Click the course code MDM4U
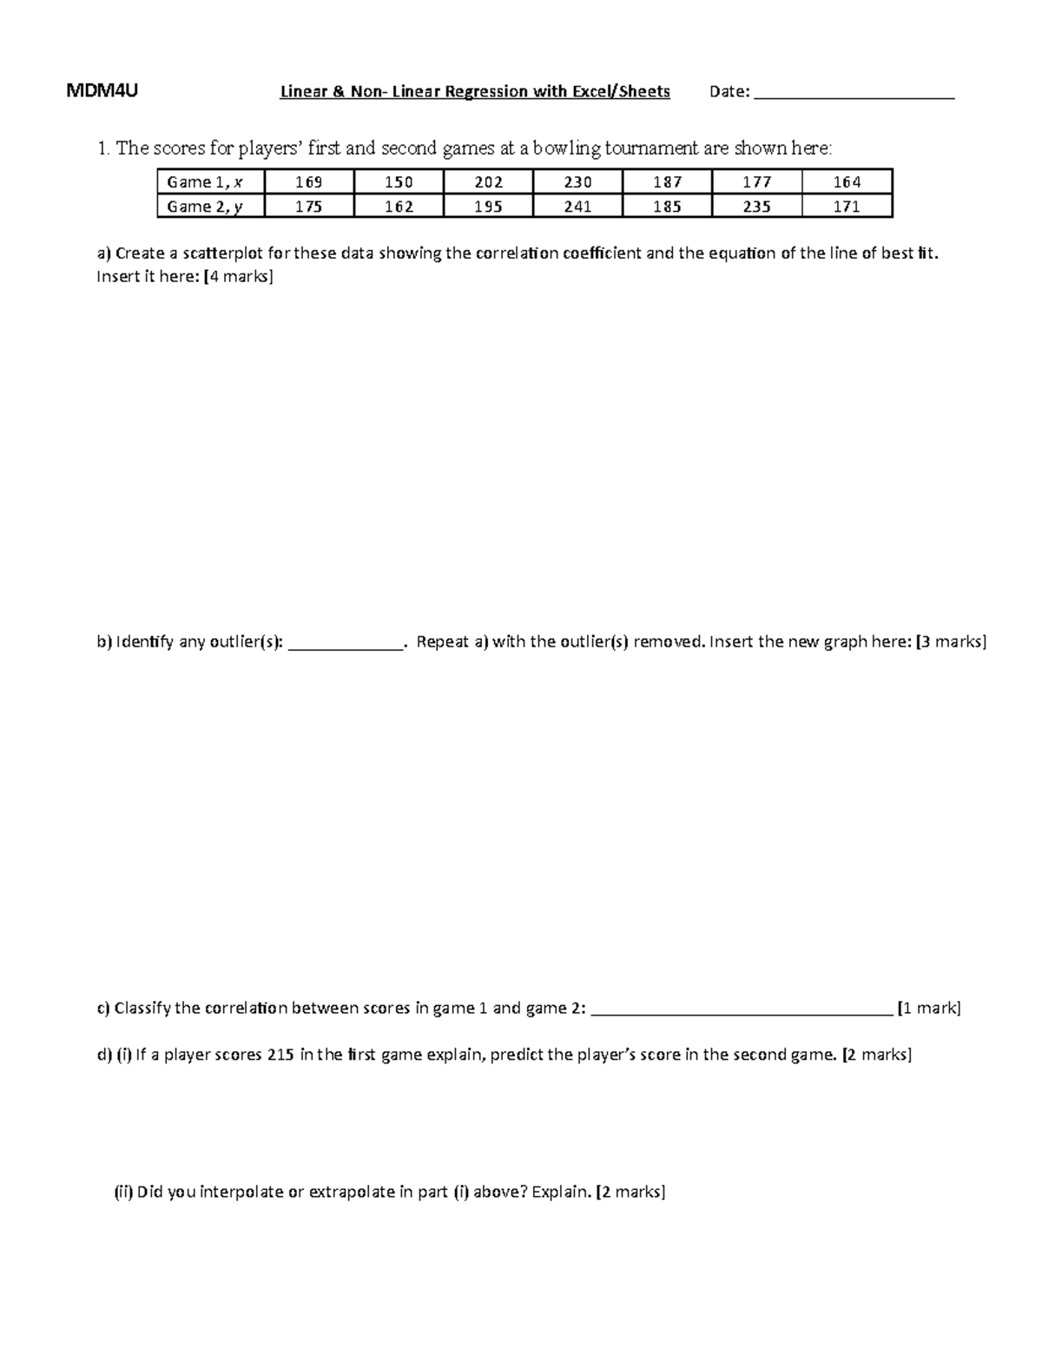pyautogui.click(x=102, y=91)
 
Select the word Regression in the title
pyautogui.click(x=486, y=92)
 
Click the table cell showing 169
pyautogui.click(x=309, y=182)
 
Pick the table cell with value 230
pyautogui.click(x=577, y=182)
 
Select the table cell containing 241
pyautogui.click(x=577, y=207)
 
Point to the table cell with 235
pyautogui.click(x=756, y=207)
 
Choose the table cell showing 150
pyautogui.click(x=399, y=182)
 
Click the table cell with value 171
pyautogui.click(x=847, y=207)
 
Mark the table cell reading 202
pyautogui.click(x=488, y=182)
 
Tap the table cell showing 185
pyautogui.click(x=667, y=207)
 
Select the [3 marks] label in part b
pyautogui.click(x=952, y=642)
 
